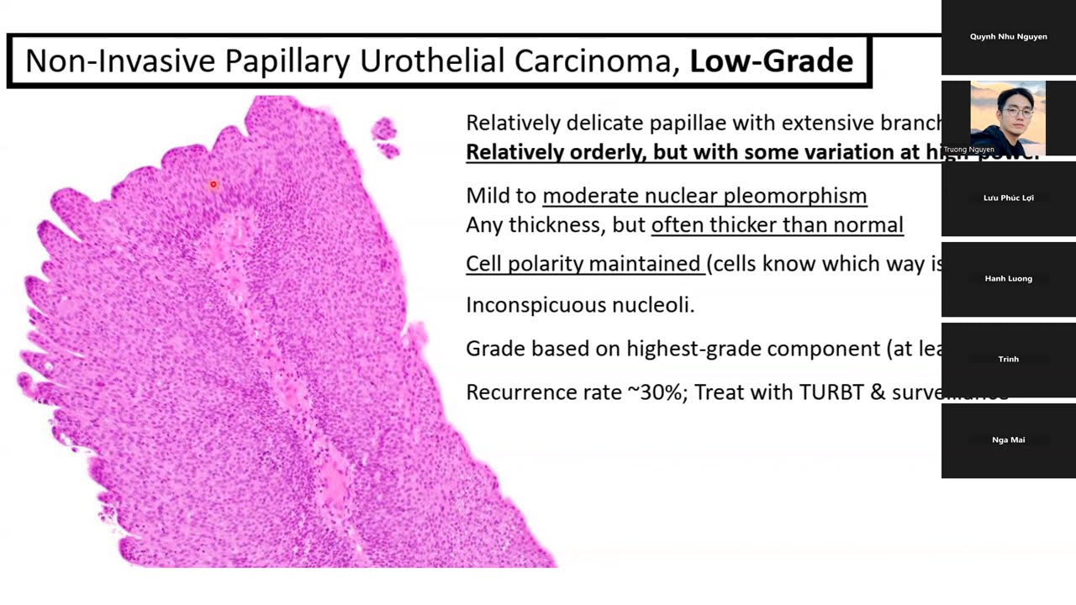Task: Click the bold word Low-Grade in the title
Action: pyautogui.click(x=771, y=61)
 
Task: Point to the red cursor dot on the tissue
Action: pyautogui.click(x=214, y=184)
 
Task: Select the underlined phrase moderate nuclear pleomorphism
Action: pyautogui.click(x=704, y=196)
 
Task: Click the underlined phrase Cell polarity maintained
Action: pyautogui.click(x=583, y=264)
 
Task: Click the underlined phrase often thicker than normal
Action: pyautogui.click(x=777, y=224)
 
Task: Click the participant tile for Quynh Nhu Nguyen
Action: pyautogui.click(x=1008, y=37)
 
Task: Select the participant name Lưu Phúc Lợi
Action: pyautogui.click(x=1008, y=198)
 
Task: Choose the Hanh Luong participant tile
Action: pyautogui.click(x=1008, y=279)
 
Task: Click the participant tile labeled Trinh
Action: pyautogui.click(x=1008, y=360)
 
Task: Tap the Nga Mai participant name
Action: pyautogui.click(x=1008, y=440)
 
